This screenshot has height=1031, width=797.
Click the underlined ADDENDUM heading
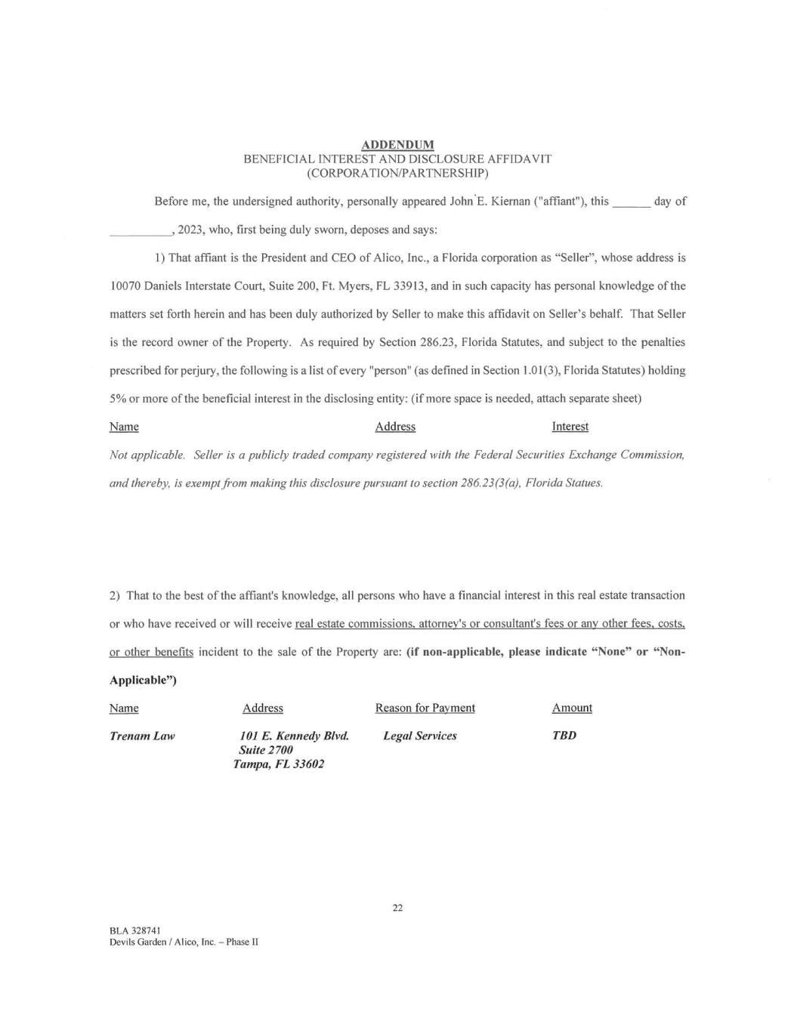click(x=397, y=144)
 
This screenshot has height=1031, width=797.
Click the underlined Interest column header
click(x=570, y=427)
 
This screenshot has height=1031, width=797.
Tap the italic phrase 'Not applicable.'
click(x=147, y=455)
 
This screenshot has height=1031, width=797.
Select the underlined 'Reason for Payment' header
click(x=425, y=708)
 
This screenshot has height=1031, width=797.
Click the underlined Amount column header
click(x=572, y=708)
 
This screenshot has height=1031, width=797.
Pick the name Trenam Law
click(x=142, y=736)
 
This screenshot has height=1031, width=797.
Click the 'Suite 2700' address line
click(x=265, y=750)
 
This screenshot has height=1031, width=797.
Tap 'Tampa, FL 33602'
click(x=278, y=764)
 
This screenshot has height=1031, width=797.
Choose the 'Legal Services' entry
click(x=419, y=736)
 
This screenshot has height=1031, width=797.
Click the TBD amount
click(x=564, y=736)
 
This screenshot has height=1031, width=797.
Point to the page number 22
click(x=397, y=908)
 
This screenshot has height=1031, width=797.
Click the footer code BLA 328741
click(x=134, y=931)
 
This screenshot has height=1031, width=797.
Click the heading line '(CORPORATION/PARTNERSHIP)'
click(x=397, y=173)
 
